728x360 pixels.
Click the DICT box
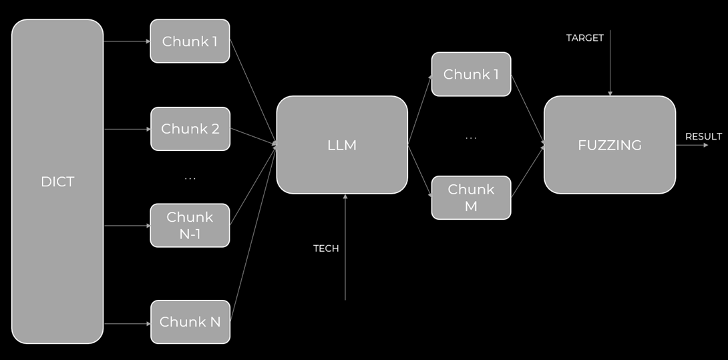pos(57,182)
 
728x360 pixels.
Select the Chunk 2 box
pos(190,129)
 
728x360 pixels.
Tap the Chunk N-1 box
pos(190,226)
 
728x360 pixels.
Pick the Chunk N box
pos(190,322)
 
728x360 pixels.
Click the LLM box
pos(342,145)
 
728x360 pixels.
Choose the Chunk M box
pos(471,198)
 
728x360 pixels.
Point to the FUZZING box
pos(610,145)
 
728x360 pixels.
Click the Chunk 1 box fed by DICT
pos(190,41)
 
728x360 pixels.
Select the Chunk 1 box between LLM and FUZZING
pos(471,74)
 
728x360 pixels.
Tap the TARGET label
pos(585,38)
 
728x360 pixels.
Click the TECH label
pos(326,248)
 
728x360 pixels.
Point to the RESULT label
pos(703,136)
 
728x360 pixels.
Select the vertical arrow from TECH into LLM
pos(345,247)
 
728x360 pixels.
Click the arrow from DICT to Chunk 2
pos(127,129)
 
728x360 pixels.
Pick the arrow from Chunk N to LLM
pos(252,234)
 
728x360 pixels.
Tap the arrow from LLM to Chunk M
pos(419,170)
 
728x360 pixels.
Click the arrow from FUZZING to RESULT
pos(691,145)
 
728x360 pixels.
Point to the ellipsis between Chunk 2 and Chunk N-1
pos(190,179)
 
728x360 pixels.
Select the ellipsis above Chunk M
pos(471,138)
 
